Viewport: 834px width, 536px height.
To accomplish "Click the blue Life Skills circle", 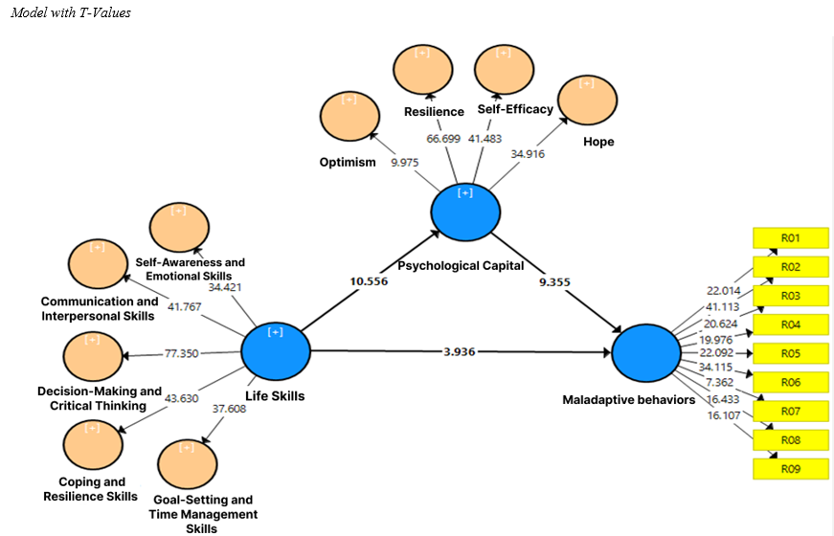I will [x=276, y=351].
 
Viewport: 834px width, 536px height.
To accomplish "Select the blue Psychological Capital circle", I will [x=466, y=212].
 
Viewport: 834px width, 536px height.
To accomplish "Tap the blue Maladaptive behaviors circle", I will [x=647, y=352].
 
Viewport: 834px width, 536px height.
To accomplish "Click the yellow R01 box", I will [x=790, y=237].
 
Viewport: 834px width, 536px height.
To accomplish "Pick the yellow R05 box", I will [x=790, y=353].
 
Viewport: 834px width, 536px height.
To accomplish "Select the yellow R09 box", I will [x=790, y=469].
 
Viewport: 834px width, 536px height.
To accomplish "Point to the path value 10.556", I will [x=368, y=282].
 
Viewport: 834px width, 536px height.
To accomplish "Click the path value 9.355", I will [x=560, y=282].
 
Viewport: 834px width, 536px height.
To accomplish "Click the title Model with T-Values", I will [x=71, y=13].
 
